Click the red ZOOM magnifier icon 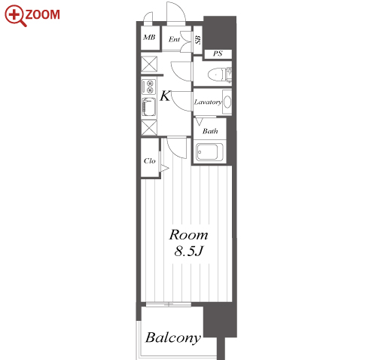[15, 16]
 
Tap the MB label [149, 38]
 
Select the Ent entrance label [174, 39]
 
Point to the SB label [198, 40]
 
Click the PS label [218, 53]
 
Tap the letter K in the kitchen [165, 96]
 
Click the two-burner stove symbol [148, 87]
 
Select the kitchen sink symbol [149, 107]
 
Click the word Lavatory [208, 102]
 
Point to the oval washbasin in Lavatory [227, 102]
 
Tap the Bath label [210, 131]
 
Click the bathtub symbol [209, 152]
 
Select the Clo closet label [150, 160]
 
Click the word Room [188, 235]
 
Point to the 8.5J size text [188, 251]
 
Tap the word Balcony [173, 338]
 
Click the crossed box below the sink [149, 128]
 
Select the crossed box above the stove [149, 64]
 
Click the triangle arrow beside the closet [165, 169]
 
